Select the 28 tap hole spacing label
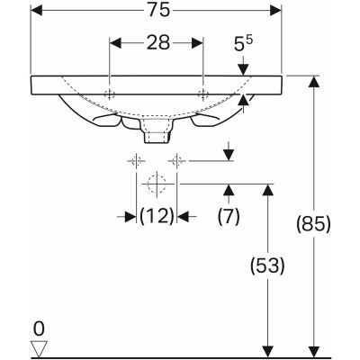point(157,43)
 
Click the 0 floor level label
point(37,329)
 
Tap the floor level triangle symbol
point(37,346)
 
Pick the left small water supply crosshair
point(136,161)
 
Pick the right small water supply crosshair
point(178,161)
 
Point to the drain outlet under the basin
point(157,132)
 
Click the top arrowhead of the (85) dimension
point(313,82)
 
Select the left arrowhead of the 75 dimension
point(37,12)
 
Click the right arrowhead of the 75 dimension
point(277,12)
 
